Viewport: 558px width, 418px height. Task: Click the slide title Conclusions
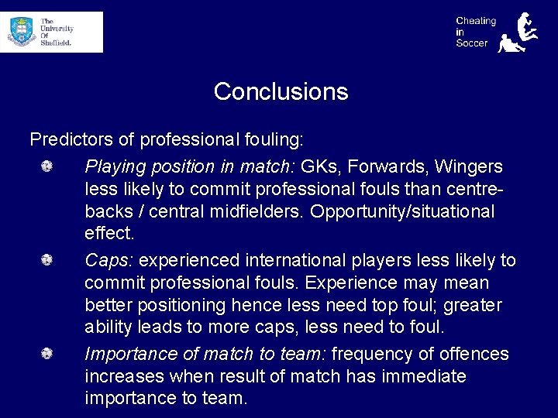(281, 91)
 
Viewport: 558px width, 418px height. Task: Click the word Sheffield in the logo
(56, 43)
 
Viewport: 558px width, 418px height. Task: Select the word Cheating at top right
(476, 21)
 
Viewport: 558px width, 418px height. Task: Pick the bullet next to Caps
(47, 260)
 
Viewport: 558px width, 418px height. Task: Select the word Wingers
(468, 166)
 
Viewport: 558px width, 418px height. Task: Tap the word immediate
(417, 377)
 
